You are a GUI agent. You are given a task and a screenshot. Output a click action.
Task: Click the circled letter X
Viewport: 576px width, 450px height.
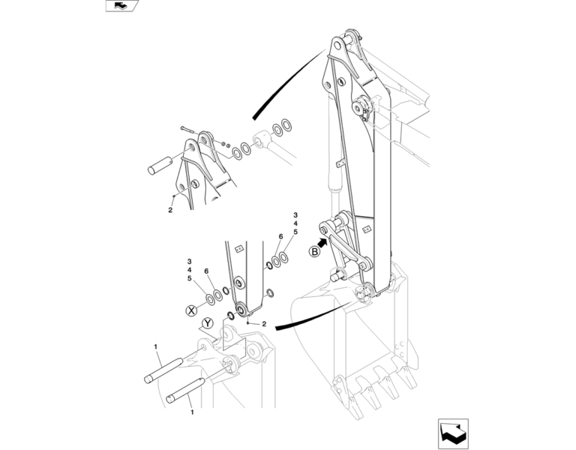click(x=191, y=310)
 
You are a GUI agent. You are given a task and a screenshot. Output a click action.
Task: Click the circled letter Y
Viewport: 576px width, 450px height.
click(x=208, y=323)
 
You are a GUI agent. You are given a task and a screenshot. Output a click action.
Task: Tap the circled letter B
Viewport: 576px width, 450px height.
click(x=314, y=252)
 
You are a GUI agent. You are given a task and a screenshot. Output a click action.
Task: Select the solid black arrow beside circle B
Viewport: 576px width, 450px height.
click(x=322, y=242)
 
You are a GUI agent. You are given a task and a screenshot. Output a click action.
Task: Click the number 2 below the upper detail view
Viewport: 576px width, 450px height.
click(x=170, y=210)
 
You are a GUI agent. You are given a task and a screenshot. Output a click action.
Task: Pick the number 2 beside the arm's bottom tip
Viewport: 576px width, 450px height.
click(x=264, y=324)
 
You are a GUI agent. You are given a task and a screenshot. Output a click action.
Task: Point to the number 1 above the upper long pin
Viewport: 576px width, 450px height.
click(x=156, y=346)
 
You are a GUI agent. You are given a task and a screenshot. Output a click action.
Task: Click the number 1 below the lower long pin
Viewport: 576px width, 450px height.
click(x=192, y=412)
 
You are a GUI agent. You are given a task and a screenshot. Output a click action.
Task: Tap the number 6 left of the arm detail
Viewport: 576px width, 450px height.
click(x=206, y=271)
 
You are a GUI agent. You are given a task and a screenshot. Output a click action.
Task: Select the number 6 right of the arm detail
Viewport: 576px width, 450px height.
click(x=280, y=236)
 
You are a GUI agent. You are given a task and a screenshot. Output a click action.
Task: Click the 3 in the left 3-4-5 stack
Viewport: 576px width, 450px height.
click(x=189, y=262)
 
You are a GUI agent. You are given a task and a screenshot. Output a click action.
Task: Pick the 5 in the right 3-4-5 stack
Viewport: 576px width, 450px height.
click(x=295, y=232)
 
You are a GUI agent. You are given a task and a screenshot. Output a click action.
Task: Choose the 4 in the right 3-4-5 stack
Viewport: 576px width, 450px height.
click(x=295, y=223)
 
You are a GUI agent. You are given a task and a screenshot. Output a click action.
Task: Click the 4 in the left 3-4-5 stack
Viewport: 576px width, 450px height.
click(x=189, y=270)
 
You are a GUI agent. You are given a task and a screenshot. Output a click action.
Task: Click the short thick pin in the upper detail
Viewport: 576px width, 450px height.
click(x=160, y=165)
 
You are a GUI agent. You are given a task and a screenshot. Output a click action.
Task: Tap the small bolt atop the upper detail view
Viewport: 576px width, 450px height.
click(x=189, y=130)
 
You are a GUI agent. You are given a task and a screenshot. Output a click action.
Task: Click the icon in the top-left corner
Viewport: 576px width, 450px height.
click(x=122, y=5)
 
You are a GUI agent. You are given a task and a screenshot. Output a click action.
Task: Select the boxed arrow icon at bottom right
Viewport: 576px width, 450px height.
click(x=453, y=433)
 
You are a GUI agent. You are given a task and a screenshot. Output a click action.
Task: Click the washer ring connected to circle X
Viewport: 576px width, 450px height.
click(x=211, y=300)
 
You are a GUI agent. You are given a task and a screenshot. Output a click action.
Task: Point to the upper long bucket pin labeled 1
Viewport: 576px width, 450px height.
click(x=163, y=370)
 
